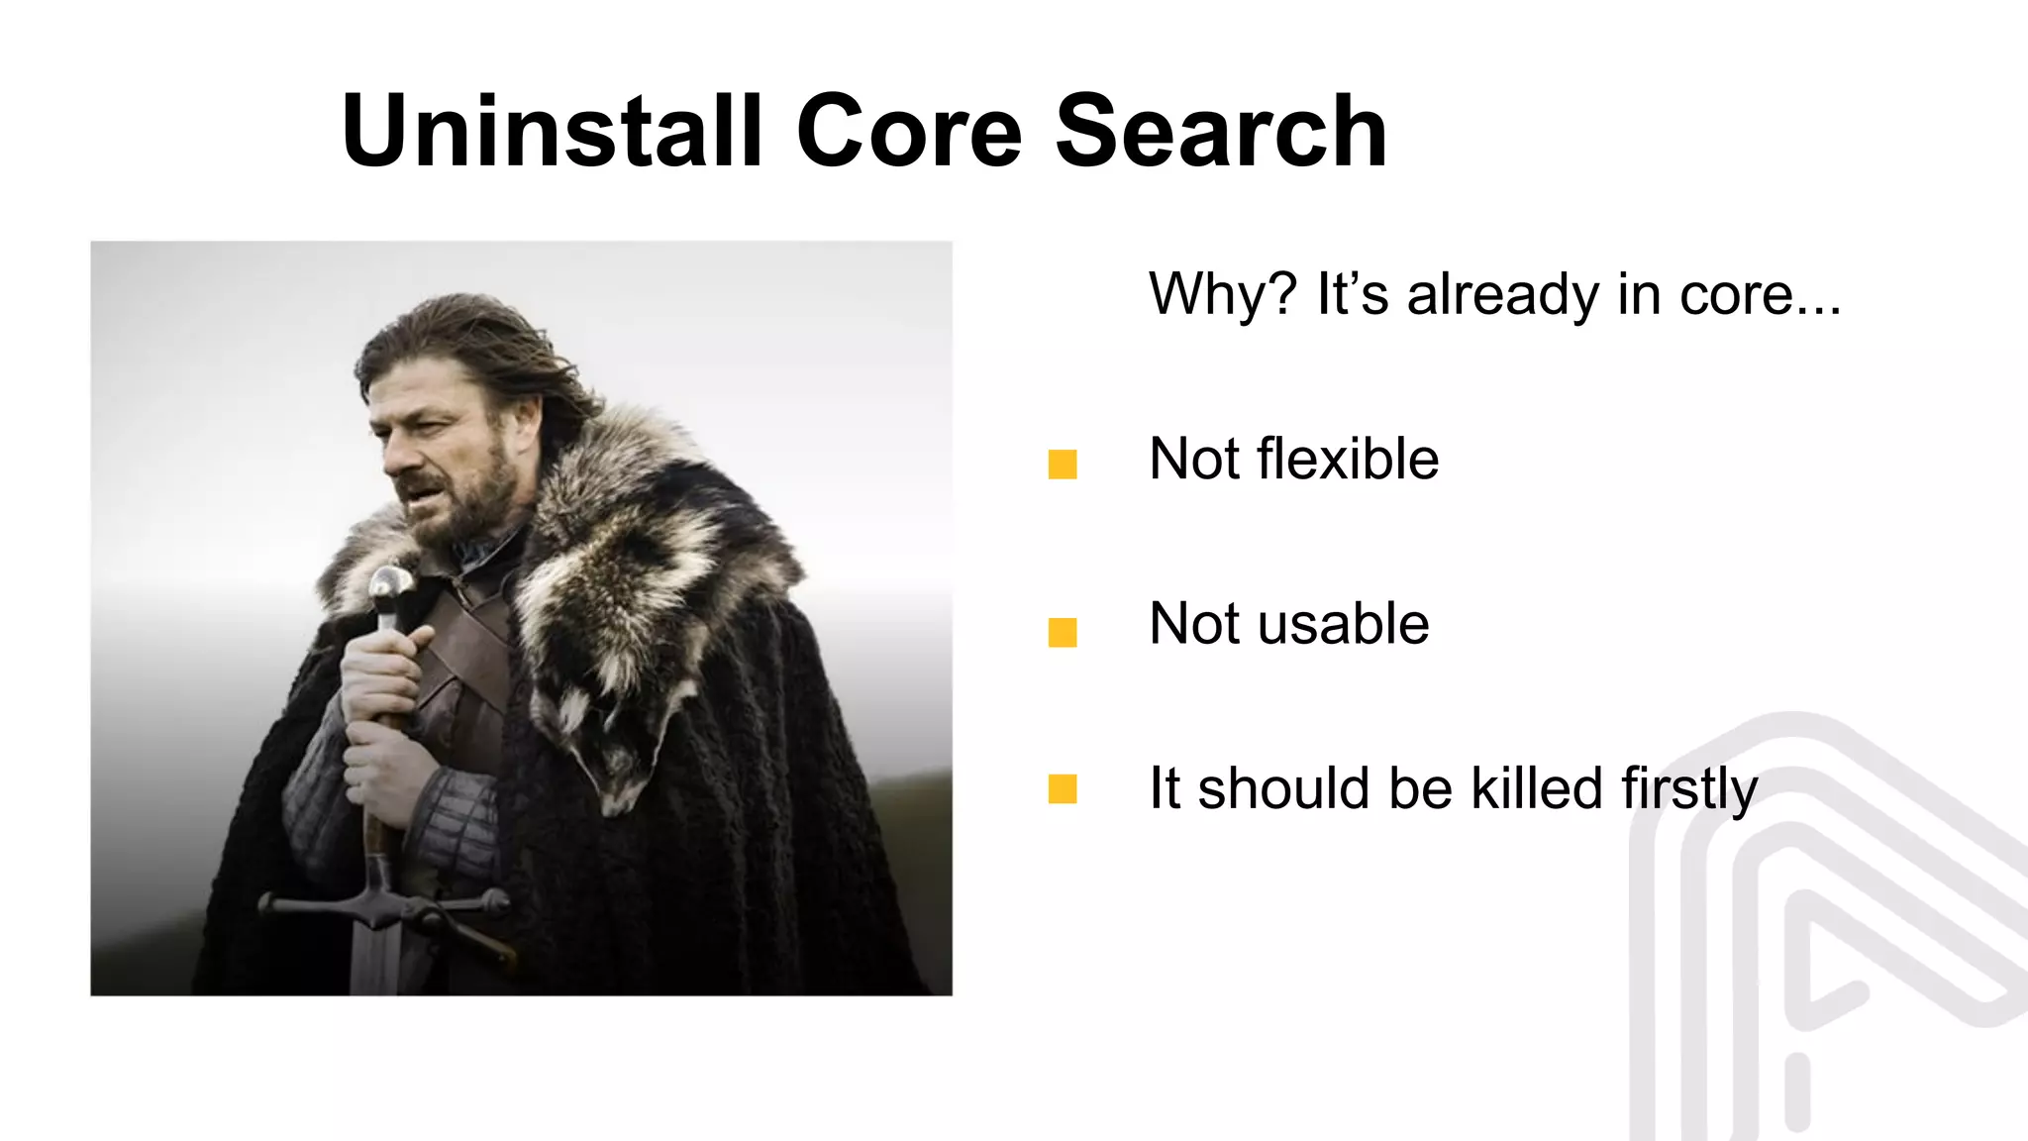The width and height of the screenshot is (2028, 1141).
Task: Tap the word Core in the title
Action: click(x=909, y=132)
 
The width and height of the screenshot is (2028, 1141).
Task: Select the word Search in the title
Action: click(x=1221, y=132)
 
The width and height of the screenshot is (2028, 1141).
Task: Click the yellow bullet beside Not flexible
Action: click(x=1063, y=465)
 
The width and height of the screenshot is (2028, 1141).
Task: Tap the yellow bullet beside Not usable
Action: click(x=1063, y=632)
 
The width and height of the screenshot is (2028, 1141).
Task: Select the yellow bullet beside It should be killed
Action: click(x=1063, y=789)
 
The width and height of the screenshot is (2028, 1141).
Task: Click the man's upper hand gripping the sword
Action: click(x=381, y=674)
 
